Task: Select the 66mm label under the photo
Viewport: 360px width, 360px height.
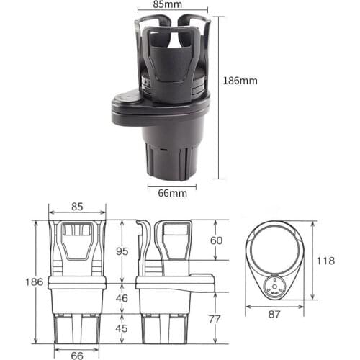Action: pyautogui.click(x=172, y=193)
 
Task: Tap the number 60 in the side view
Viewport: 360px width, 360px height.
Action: pyautogui.click(x=215, y=240)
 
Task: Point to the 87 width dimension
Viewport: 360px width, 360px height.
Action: pyautogui.click(x=274, y=315)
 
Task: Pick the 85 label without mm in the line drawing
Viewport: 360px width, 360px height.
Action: pyautogui.click(x=77, y=206)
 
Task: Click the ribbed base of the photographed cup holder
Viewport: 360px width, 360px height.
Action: pyautogui.click(x=172, y=158)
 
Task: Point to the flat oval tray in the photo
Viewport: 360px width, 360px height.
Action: pyautogui.click(x=144, y=108)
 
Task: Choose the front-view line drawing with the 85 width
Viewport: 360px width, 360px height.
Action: pyautogui.click(x=76, y=281)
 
